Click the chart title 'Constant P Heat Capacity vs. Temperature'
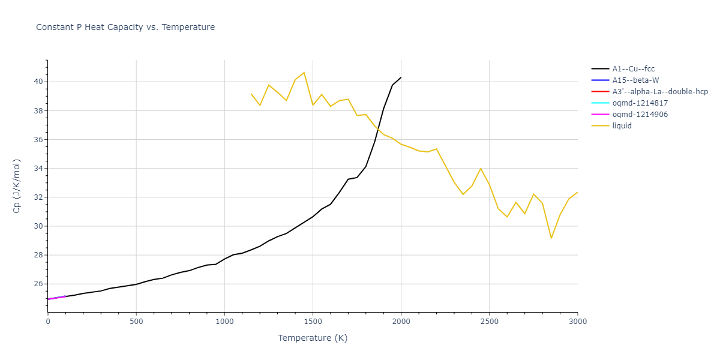click(x=125, y=27)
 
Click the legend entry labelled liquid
click(x=622, y=126)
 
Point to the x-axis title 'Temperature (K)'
click(x=313, y=338)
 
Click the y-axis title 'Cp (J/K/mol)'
click(x=17, y=186)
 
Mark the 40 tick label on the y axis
click(x=37, y=82)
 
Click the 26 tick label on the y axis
click(x=37, y=284)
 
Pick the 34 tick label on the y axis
click(x=37, y=169)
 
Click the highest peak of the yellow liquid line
click(x=304, y=73)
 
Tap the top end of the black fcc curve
click(x=401, y=77)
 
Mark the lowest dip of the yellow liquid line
click(x=551, y=238)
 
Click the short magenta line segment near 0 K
click(x=56, y=297)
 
